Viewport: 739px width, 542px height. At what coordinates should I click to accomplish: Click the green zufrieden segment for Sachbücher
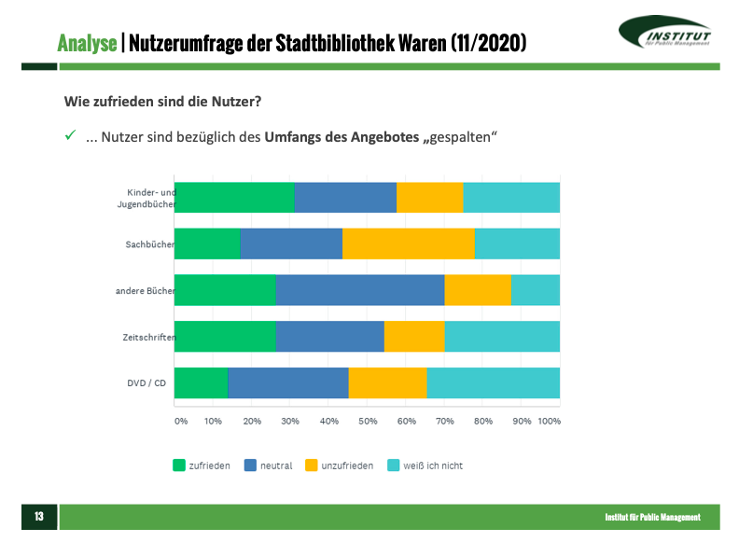[207, 243]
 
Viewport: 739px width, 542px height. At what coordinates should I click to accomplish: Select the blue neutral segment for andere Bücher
[359, 290]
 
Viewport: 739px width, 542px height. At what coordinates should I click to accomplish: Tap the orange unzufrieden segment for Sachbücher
[409, 243]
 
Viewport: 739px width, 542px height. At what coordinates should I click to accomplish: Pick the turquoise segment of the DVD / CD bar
[493, 382]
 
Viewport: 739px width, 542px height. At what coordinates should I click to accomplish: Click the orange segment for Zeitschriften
[414, 336]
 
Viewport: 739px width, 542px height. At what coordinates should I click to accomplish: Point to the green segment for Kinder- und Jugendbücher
[234, 198]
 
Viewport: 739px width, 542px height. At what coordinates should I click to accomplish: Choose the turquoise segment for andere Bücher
[535, 290]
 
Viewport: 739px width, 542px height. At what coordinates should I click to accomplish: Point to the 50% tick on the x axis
[368, 422]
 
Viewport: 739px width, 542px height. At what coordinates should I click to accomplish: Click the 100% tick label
[549, 422]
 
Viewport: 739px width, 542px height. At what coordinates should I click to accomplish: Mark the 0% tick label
[181, 422]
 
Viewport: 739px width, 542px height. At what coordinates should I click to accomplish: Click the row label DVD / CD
[147, 382]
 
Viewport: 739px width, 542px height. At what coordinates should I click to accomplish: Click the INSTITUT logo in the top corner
[665, 35]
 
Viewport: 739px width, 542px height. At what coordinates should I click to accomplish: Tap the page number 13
[39, 517]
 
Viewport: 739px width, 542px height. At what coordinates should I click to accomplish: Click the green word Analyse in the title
[87, 43]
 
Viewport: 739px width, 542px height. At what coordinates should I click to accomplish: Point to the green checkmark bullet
[69, 136]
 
